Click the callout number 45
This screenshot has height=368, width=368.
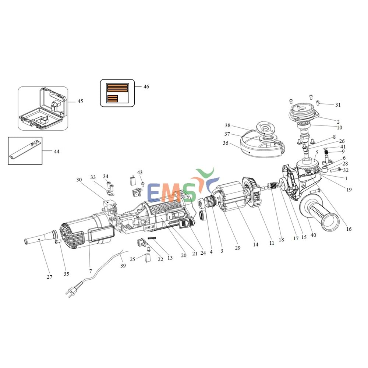(x=80, y=101)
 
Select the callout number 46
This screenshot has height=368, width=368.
(x=146, y=87)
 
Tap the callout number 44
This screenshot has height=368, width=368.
(x=56, y=151)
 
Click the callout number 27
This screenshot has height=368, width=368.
(x=49, y=277)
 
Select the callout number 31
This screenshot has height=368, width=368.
(x=337, y=105)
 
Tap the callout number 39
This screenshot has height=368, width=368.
(x=123, y=265)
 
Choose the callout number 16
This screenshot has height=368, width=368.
(x=349, y=229)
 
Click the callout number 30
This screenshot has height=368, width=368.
(x=79, y=180)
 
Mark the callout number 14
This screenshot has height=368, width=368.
(x=255, y=244)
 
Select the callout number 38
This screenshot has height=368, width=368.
(x=228, y=125)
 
